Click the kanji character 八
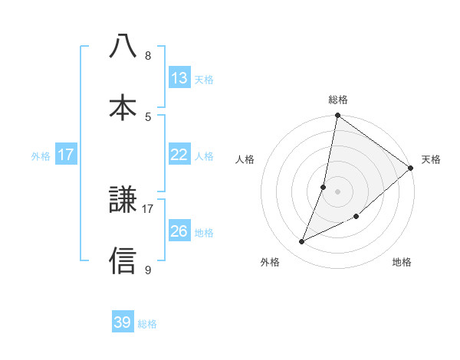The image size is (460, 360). coord(123,47)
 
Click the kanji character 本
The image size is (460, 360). coord(123,107)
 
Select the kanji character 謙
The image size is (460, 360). coord(123,201)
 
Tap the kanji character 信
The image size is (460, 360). coord(123,260)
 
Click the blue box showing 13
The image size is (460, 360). coord(179,78)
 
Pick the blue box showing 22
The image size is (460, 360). coord(179,155)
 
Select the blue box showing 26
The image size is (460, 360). coord(179,231)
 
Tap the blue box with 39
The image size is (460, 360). coord(123,322)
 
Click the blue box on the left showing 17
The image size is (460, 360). coord(66,155)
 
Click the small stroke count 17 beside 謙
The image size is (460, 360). coord(148,208)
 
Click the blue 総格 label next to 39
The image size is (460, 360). coord(147,324)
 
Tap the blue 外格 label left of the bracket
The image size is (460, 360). coord(41,155)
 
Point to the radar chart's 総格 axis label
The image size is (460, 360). coord(338,100)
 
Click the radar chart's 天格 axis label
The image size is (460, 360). coord(431,159)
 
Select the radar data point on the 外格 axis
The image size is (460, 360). coord(302,242)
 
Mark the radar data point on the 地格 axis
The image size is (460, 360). coord(356,216)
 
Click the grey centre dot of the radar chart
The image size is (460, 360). coord(337,191)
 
